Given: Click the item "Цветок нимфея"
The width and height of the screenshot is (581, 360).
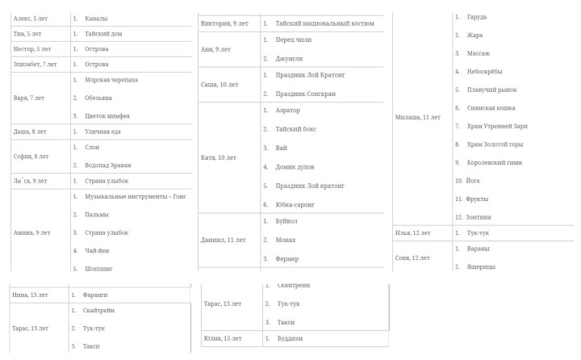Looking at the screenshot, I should pyautogui.click(x=107, y=116).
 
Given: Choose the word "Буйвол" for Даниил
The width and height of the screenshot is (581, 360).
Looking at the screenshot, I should pyautogui.click(x=288, y=220).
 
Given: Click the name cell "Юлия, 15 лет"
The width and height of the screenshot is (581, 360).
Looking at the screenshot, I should pyautogui.click(x=224, y=338).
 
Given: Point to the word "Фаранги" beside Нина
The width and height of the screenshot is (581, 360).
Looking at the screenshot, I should pyautogui.click(x=96, y=295).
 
